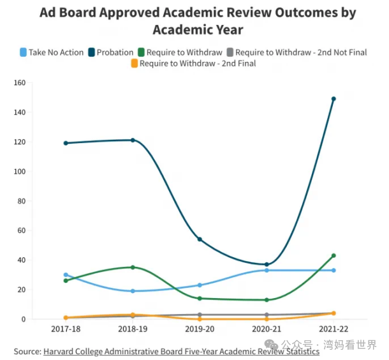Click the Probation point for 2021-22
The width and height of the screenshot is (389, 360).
click(333, 99)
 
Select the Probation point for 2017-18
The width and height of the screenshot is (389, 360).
click(66, 143)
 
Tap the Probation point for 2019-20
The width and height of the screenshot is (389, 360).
click(200, 239)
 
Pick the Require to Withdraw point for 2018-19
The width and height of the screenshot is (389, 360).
click(133, 267)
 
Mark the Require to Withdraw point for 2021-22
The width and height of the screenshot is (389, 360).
click(333, 255)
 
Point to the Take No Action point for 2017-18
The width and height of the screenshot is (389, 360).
click(66, 274)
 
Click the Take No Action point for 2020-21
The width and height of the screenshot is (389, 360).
click(267, 270)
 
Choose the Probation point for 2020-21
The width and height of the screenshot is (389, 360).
click(267, 264)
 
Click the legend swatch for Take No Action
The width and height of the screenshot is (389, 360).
click(24, 52)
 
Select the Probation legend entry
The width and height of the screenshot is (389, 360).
click(115, 52)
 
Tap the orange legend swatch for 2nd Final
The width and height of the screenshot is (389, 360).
click(134, 63)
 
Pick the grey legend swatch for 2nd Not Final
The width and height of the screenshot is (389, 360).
click(230, 52)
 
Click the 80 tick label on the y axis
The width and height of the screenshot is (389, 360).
click(20, 201)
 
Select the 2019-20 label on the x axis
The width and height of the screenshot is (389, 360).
click(200, 328)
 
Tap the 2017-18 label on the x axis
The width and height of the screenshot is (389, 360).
click(66, 328)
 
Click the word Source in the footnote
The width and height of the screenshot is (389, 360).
click(27, 351)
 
